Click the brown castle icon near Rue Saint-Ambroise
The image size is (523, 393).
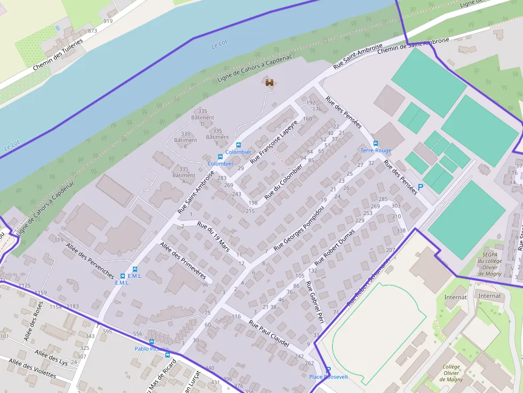270,82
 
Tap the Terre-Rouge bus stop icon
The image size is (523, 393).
376,143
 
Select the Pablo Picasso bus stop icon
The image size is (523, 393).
152,342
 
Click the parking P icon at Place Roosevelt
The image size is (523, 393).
328,370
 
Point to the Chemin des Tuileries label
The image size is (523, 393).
58,55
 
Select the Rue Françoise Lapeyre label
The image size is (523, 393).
274,141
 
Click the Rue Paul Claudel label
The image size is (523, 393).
268,333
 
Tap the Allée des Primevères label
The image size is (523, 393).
183,260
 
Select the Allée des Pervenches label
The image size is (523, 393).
90,261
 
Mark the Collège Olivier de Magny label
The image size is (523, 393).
451,373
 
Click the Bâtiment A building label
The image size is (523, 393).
184,175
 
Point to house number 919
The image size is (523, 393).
108,21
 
